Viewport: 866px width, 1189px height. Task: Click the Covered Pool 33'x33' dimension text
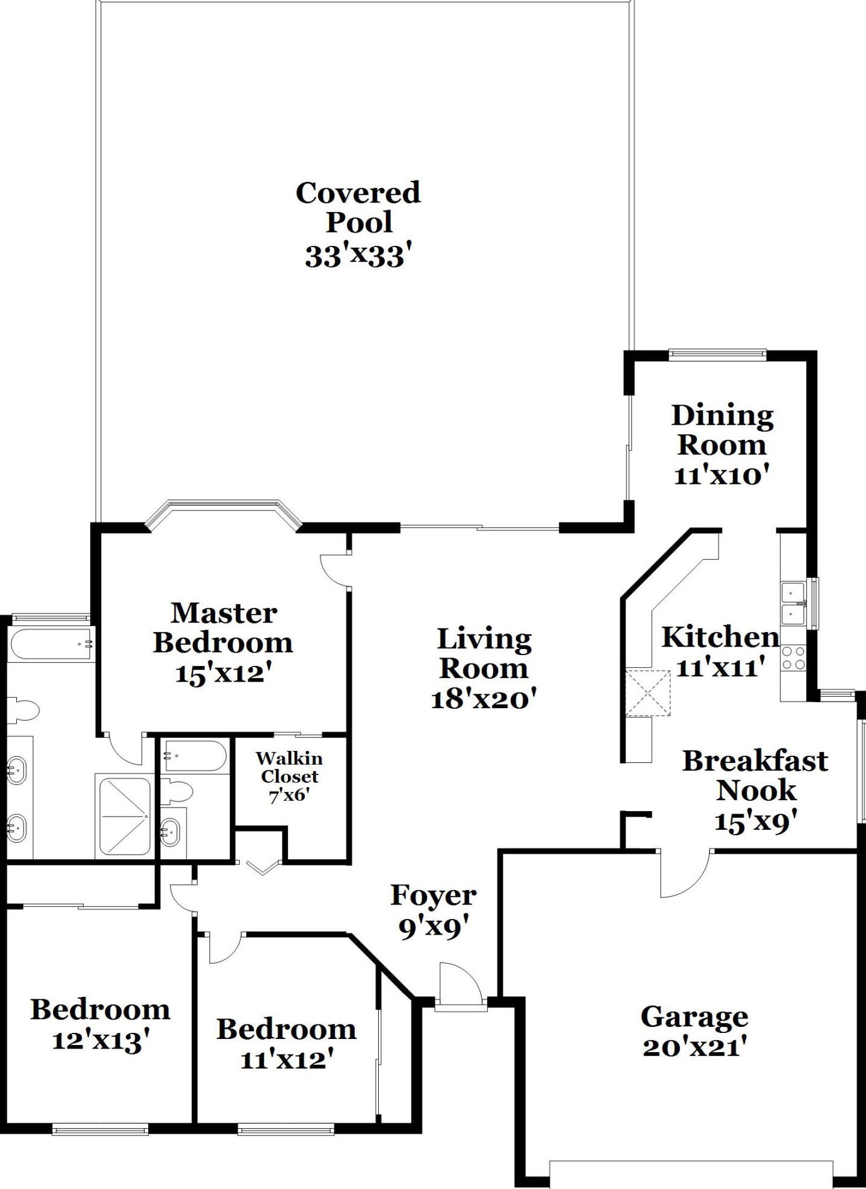point(358,256)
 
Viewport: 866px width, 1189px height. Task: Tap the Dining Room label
point(722,430)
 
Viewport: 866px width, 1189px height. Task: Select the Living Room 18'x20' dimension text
point(484,699)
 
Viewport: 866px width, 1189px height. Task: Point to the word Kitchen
point(720,637)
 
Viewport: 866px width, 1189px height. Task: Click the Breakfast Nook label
point(755,776)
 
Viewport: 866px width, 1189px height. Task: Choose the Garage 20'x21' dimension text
point(694,1048)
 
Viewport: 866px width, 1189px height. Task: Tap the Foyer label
point(434,896)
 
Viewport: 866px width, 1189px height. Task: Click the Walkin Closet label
point(289,767)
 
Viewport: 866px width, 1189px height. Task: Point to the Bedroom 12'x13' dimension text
point(101,1041)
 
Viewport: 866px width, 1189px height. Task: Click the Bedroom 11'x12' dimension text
point(287,1060)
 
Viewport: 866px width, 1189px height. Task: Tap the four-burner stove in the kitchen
point(793,657)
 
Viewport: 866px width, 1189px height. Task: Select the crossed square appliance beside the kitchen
point(647,693)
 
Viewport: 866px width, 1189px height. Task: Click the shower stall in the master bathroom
point(123,817)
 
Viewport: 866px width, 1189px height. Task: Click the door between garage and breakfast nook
point(685,874)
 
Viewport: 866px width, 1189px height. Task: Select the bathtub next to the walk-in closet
point(195,756)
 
